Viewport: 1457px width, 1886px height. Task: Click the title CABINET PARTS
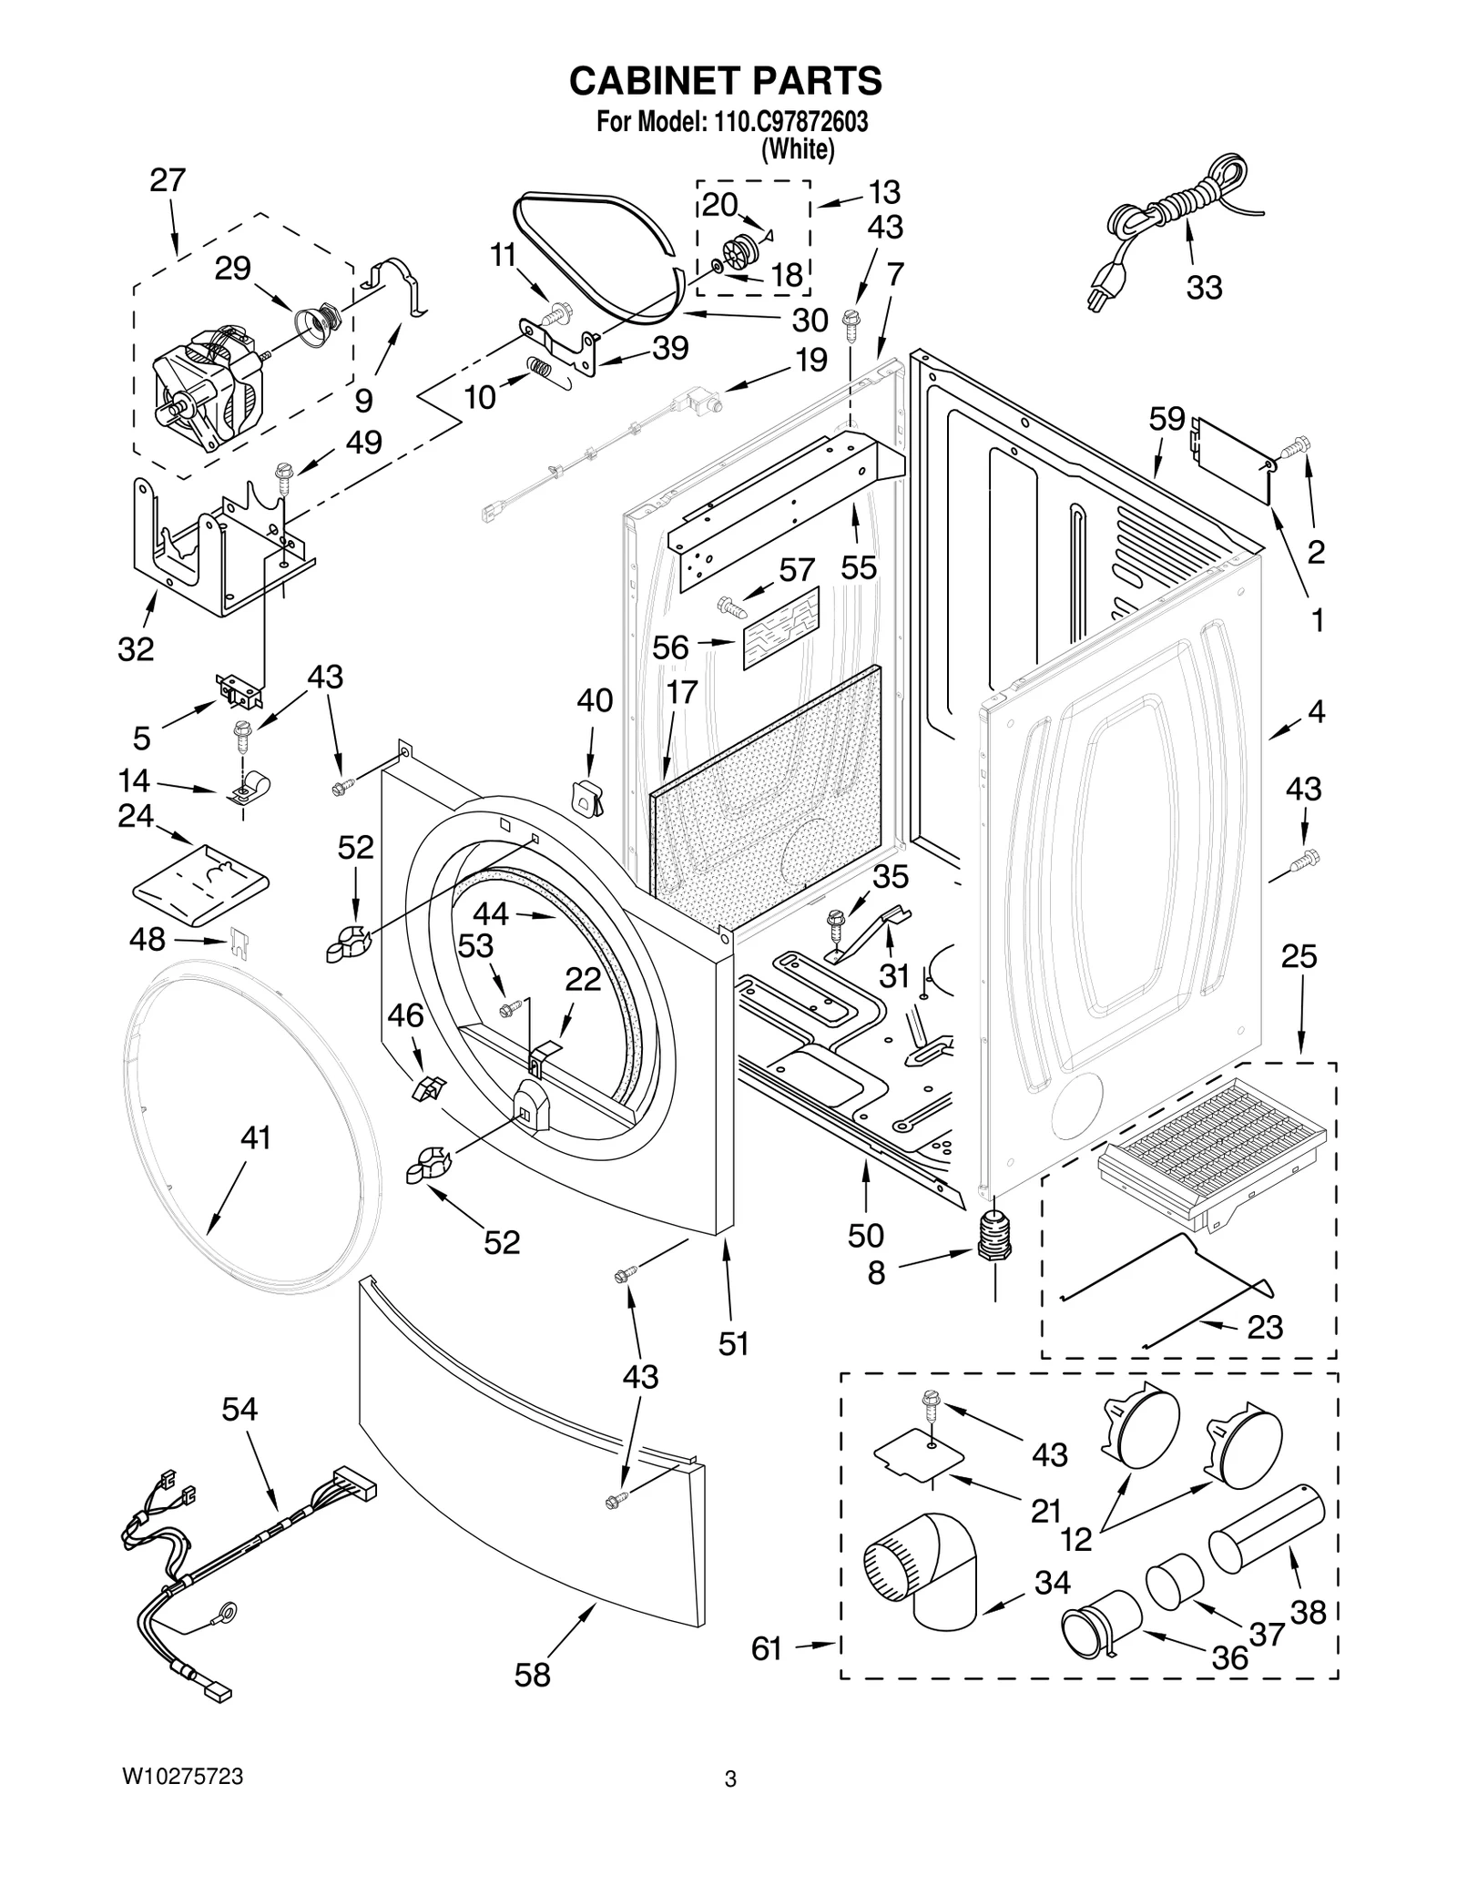click(x=725, y=81)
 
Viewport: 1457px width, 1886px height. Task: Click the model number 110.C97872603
click(x=786, y=122)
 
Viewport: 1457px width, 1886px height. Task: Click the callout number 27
click(x=168, y=180)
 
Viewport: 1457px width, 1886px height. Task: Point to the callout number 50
click(x=865, y=1236)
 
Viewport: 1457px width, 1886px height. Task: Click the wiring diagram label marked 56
click(x=780, y=628)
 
